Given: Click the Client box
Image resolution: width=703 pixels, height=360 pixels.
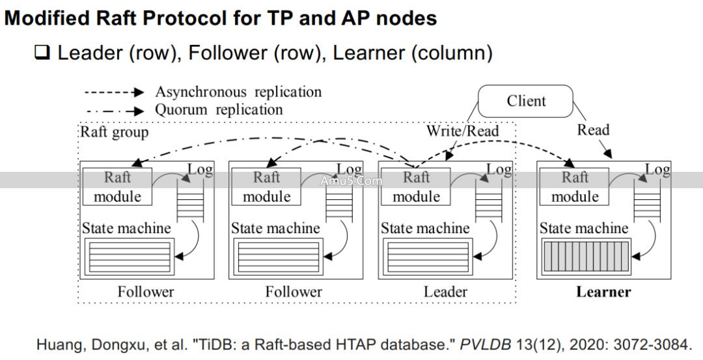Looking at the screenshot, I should point(526,102).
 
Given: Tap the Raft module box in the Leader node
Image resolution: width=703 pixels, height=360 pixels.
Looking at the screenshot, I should point(416,186).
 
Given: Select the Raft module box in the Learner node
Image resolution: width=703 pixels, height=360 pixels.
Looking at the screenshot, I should point(574,186).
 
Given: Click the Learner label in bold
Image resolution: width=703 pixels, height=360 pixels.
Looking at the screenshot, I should point(603,292).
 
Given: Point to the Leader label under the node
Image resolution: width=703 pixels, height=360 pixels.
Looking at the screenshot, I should point(445,292).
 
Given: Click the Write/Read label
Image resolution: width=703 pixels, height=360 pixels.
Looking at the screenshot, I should point(462,131).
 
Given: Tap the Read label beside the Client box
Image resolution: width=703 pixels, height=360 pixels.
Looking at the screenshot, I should point(593,130).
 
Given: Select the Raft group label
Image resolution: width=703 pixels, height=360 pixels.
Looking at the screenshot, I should point(115,132).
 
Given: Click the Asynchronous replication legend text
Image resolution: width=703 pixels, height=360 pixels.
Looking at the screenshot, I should point(238,92).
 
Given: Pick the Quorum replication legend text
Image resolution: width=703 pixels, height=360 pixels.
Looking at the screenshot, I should point(219,110).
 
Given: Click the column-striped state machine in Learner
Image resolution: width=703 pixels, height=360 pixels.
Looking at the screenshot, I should point(585,255).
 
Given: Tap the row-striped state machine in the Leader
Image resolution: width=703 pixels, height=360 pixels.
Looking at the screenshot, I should point(427,255).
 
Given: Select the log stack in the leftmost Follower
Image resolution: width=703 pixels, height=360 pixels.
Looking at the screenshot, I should point(190,202).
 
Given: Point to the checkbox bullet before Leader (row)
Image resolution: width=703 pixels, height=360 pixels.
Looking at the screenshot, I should point(42,53).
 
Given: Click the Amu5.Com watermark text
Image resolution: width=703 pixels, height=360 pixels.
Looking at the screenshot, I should point(351,181).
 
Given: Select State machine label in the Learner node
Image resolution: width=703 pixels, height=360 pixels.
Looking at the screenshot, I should point(583,228).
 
